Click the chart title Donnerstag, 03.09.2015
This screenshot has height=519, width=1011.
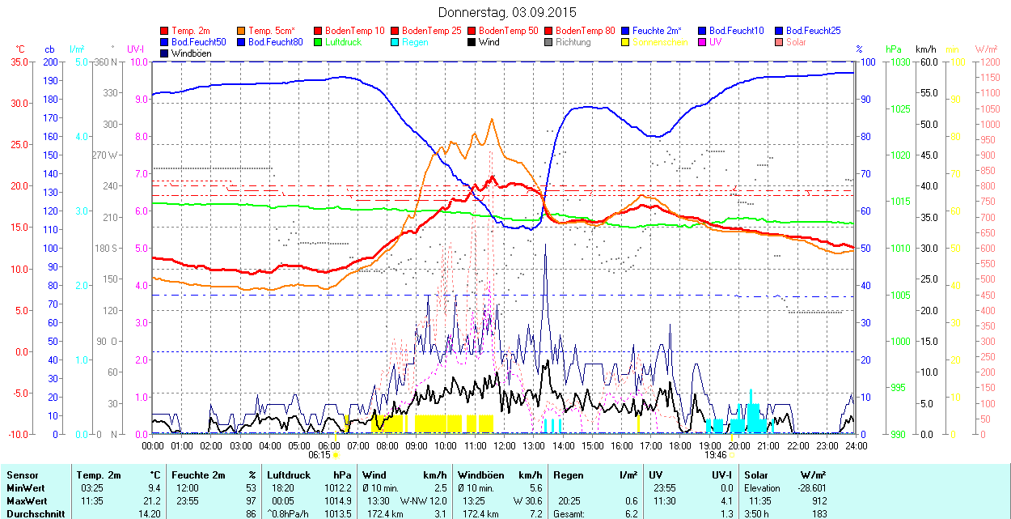(507, 12)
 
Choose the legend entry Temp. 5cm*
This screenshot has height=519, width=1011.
(270, 31)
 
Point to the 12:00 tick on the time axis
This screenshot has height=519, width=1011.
(505, 445)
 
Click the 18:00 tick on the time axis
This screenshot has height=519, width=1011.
(680, 445)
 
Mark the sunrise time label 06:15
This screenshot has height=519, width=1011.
(319, 455)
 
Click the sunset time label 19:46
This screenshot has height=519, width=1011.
(715, 455)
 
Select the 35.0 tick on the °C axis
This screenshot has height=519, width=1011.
(17, 62)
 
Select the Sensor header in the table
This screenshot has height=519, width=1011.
(23, 475)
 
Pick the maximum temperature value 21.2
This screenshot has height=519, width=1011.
(152, 500)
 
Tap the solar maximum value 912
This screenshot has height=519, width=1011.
(818, 500)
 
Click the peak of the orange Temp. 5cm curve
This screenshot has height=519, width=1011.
(492, 119)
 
